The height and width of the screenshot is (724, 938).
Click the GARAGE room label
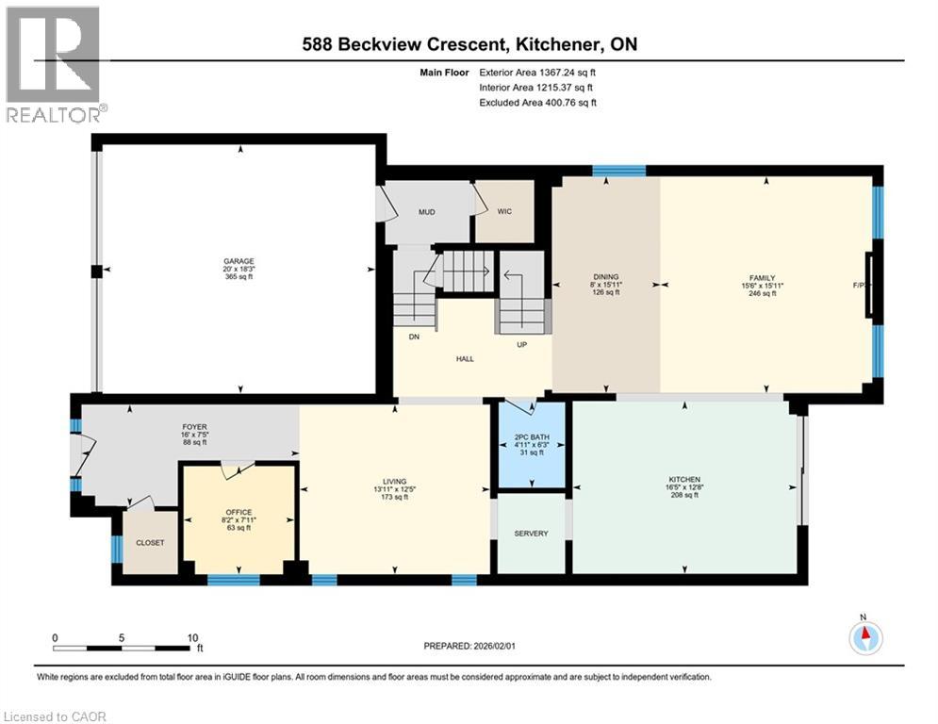tap(239, 261)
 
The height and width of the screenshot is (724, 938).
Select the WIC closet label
tap(504, 212)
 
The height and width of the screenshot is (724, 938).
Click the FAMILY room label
tap(762, 277)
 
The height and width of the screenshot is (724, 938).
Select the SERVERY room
tap(531, 534)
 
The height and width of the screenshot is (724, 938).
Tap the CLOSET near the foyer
tap(150, 543)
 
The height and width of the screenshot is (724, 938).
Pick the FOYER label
tap(194, 426)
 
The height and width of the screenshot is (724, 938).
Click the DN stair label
tap(413, 337)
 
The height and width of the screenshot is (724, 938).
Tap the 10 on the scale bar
tap(193, 637)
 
